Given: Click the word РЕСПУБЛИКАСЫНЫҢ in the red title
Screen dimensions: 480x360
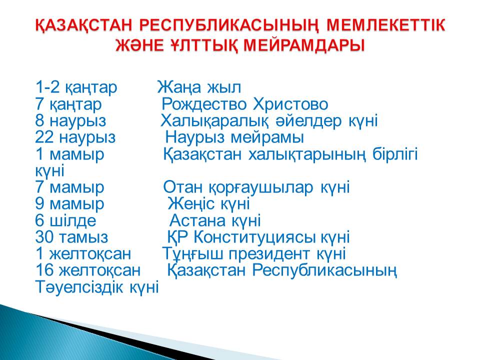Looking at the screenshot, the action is (229, 25).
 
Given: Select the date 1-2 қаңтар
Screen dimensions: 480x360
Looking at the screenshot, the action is (76, 87).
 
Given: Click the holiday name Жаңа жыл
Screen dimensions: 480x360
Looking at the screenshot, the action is (199, 87).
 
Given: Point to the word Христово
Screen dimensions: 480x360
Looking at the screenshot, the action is (290, 104).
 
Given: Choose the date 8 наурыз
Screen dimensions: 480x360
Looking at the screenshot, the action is (70, 121).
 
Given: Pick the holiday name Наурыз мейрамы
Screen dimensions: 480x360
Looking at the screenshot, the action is (234, 138).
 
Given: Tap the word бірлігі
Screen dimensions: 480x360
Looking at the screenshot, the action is (395, 154).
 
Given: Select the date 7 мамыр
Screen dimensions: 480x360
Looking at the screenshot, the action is (70, 187).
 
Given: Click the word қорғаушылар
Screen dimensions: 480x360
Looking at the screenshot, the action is (261, 187).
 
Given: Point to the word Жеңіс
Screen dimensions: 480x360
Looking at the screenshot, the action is (191, 203).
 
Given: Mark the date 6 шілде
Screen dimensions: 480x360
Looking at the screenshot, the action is (66, 220).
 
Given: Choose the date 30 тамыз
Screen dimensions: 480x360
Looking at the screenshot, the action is (71, 237).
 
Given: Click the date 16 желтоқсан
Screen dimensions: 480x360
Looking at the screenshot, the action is (88, 270).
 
